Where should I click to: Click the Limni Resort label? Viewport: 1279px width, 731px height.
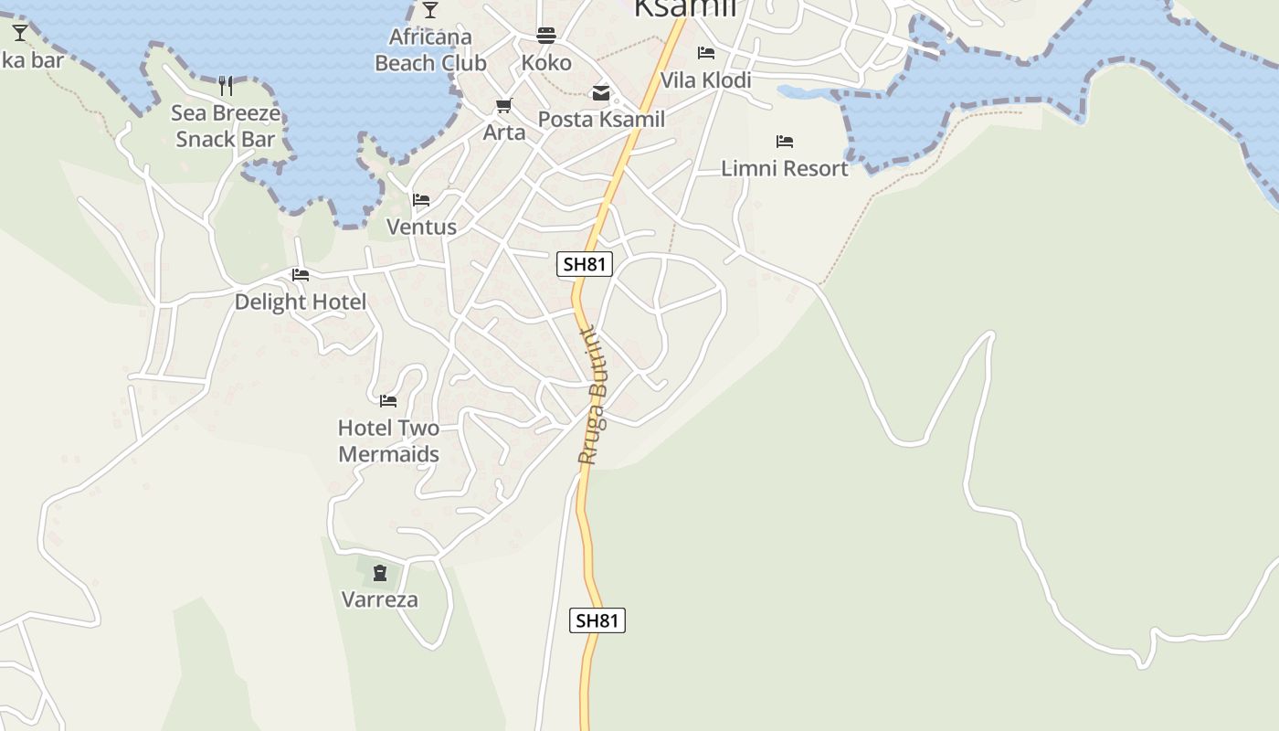(784, 168)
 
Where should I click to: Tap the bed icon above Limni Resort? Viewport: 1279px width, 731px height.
(784, 142)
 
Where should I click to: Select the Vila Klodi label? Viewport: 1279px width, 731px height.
(705, 80)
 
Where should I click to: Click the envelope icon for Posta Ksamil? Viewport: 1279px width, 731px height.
(601, 93)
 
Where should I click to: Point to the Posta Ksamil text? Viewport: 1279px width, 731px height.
(601, 119)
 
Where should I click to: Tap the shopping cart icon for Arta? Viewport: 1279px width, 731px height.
(504, 106)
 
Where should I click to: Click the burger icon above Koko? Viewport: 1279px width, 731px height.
(546, 36)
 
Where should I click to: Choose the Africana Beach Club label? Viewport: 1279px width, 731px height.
(430, 50)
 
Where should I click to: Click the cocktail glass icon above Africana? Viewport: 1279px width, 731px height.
(430, 10)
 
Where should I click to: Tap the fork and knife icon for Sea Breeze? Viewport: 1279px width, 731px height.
(226, 86)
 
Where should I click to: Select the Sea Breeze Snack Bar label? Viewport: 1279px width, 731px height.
(226, 126)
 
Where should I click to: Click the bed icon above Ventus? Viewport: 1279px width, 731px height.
(421, 200)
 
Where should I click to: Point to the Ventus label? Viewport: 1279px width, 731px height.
(421, 227)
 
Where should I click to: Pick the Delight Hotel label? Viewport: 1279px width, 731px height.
(301, 302)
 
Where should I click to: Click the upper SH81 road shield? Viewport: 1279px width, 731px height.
(585, 264)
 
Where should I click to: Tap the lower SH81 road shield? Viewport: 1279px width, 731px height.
(598, 620)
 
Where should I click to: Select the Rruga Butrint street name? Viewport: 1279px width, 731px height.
(593, 396)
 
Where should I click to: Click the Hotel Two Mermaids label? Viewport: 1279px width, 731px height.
(388, 440)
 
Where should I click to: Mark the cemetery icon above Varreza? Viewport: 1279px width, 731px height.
(380, 573)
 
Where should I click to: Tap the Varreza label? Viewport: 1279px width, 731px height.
(380, 599)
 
